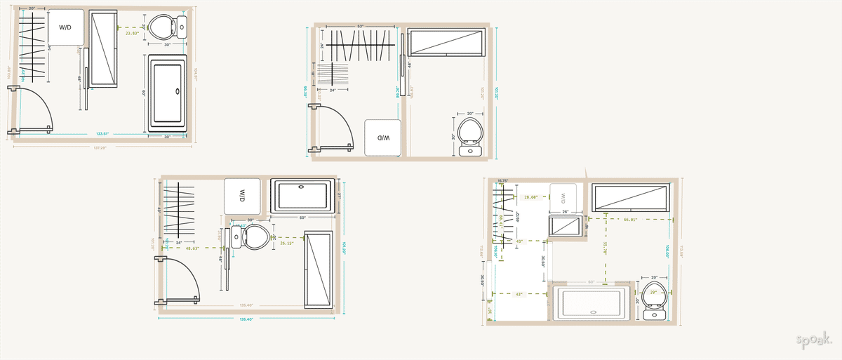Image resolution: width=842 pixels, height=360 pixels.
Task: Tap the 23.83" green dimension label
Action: pyautogui.click(x=133, y=33)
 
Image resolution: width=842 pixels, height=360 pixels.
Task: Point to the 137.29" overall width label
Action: pyautogui.click(x=100, y=147)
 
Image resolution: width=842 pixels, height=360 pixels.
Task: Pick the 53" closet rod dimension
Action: pyautogui.click(x=360, y=27)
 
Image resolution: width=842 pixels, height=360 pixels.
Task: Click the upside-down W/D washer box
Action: pyautogui.click(x=382, y=138)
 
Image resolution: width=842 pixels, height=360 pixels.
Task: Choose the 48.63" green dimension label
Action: pyautogui.click(x=192, y=248)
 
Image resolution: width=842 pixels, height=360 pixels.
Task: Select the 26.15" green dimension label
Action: pyautogui.click(x=286, y=244)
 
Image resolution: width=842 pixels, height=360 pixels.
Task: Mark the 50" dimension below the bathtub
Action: pyautogui.click(x=302, y=218)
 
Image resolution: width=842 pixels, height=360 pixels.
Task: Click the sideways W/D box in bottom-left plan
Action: pyautogui.click(x=242, y=195)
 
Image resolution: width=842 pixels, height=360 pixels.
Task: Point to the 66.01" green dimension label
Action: pyautogui.click(x=630, y=220)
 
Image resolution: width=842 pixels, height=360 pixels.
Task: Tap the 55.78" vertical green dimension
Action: pyautogui.click(x=605, y=247)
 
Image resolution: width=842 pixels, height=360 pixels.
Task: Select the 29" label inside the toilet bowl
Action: pyautogui.click(x=654, y=291)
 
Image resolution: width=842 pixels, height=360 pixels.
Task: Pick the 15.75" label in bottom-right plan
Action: pyautogui.click(x=502, y=181)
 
